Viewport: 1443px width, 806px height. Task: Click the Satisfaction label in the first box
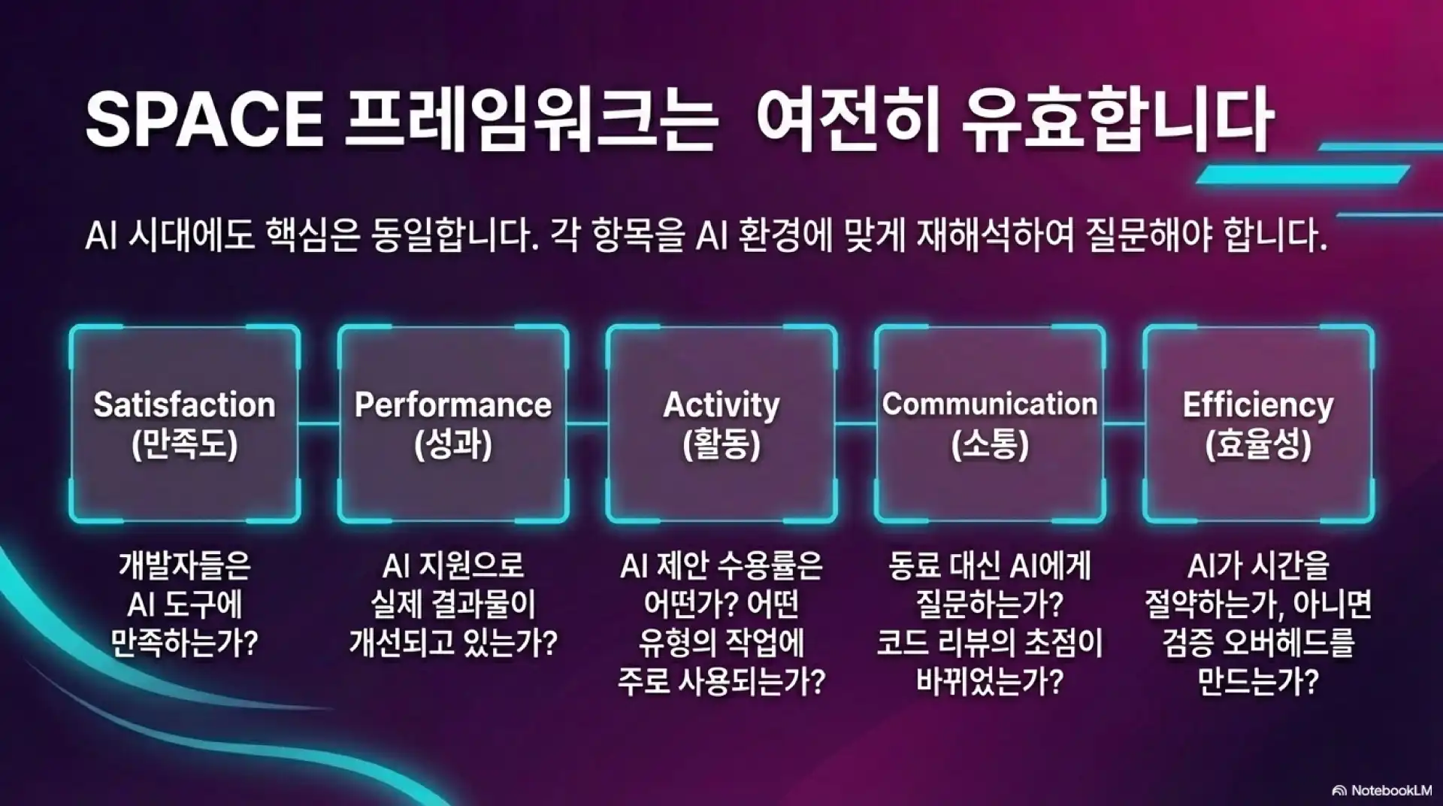click(x=184, y=405)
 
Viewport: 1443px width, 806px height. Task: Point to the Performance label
click(x=452, y=405)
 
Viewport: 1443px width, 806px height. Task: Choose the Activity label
click(x=721, y=405)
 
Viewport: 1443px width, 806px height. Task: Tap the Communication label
click(x=990, y=405)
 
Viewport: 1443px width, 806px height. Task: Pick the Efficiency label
click(x=1258, y=405)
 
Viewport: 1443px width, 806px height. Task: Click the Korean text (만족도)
click(x=184, y=444)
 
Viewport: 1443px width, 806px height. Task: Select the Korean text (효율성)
click(x=1258, y=444)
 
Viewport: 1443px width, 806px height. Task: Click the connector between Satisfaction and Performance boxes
click(x=319, y=424)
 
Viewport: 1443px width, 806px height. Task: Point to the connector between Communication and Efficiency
click(x=1124, y=424)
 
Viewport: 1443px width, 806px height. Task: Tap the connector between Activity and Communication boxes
click(x=856, y=424)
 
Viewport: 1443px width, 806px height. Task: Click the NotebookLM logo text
click(x=1390, y=790)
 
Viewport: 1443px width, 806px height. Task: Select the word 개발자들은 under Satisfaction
click(x=184, y=566)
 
